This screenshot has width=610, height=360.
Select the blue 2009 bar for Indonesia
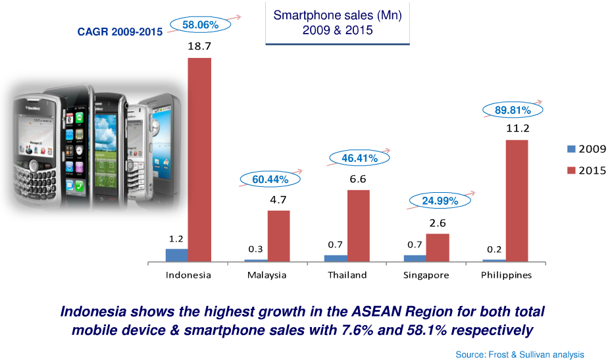click(176, 255)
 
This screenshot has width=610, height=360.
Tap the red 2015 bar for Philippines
click(517, 200)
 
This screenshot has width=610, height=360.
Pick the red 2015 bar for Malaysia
click(278, 236)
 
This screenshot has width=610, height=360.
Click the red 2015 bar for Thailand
click(358, 225)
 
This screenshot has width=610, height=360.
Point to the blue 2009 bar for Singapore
click(415, 258)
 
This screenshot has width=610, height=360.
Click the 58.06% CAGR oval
click(200, 25)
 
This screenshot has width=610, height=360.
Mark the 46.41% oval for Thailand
click(358, 158)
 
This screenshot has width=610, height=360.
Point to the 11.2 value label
click(517, 128)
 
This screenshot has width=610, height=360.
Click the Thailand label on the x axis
click(347, 275)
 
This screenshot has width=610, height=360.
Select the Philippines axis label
click(505, 275)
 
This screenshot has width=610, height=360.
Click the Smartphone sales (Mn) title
click(337, 22)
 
